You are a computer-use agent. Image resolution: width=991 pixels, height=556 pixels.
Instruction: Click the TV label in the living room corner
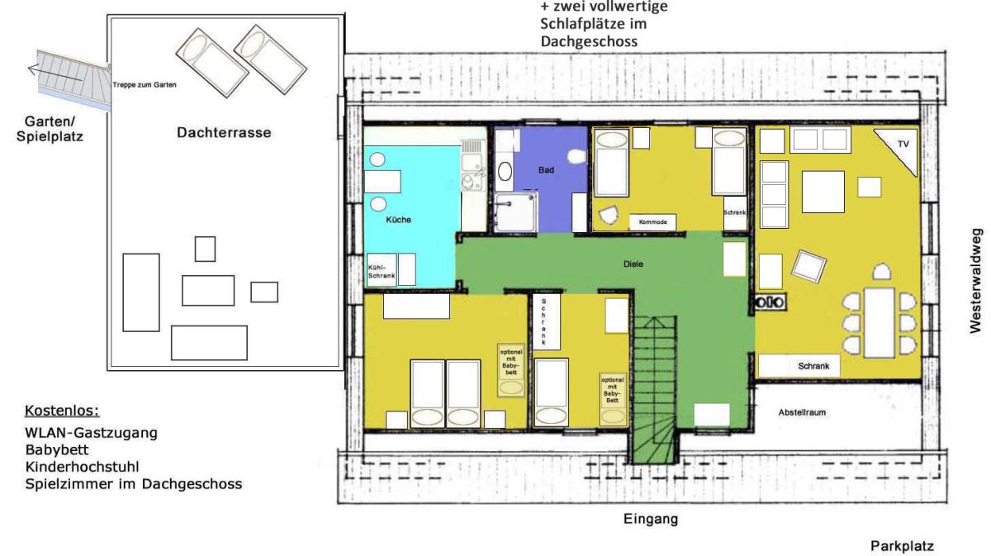(x=903, y=144)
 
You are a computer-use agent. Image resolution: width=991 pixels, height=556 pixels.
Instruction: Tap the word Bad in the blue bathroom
(x=546, y=170)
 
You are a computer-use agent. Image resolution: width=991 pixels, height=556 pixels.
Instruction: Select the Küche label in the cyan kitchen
(x=398, y=220)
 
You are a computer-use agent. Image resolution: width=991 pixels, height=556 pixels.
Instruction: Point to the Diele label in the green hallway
(x=633, y=264)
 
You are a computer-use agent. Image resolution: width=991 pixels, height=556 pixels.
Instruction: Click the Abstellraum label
(x=802, y=412)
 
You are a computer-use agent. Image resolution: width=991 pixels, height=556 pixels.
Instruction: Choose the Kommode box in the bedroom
(x=652, y=221)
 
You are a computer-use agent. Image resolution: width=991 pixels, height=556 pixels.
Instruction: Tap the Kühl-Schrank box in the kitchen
(x=382, y=271)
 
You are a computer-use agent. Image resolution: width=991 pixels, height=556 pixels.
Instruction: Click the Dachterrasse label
(x=224, y=132)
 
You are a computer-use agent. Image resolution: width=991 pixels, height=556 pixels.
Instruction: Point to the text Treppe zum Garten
(x=145, y=84)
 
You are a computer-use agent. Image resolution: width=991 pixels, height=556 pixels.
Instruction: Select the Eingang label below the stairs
(x=651, y=520)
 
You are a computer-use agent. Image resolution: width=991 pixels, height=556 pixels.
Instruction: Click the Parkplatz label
(x=902, y=546)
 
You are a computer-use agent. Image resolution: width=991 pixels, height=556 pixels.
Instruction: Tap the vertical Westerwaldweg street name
(x=975, y=281)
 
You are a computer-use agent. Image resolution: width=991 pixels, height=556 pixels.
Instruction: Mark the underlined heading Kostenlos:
(x=62, y=411)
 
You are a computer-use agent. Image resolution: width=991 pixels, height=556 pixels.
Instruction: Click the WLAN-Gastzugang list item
(x=91, y=433)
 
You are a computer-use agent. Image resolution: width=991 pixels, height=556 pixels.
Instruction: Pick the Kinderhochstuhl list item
(x=83, y=467)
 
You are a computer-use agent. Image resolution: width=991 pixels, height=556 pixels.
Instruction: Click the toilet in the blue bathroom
(x=577, y=156)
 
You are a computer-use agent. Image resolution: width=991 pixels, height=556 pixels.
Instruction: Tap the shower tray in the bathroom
(x=516, y=212)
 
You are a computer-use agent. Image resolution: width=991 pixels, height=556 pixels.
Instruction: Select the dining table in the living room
(x=880, y=323)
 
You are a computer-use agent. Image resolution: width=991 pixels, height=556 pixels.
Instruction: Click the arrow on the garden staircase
(x=55, y=74)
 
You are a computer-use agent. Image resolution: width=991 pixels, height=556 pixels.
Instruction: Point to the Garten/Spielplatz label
(x=50, y=129)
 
